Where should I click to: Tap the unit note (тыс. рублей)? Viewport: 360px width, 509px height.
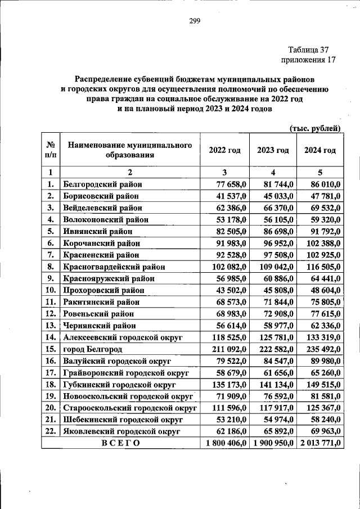point(315,128)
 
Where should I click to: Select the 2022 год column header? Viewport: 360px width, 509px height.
point(224,150)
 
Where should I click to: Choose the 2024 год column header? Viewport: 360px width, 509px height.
point(320,150)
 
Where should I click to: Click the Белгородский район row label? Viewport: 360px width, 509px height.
point(103,184)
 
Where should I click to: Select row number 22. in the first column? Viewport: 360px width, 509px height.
point(50,431)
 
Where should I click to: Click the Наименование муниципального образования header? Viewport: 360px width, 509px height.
point(130,150)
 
